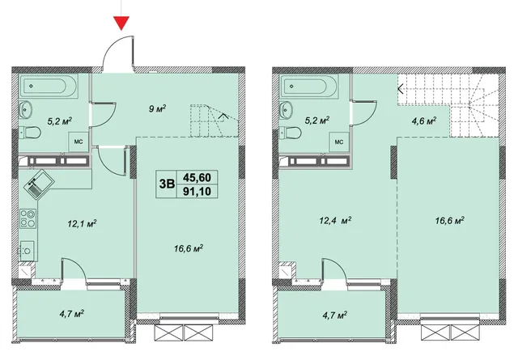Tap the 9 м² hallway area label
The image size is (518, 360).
click(x=157, y=108)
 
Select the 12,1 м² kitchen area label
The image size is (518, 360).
click(x=82, y=223)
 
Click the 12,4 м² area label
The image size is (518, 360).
click(x=335, y=220)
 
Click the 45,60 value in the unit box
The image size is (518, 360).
click(x=197, y=177)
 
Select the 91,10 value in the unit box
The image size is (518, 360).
click(x=197, y=191)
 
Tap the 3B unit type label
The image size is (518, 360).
click(x=167, y=184)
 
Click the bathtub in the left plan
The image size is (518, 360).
click(x=49, y=86)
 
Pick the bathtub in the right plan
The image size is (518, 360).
click(x=309, y=86)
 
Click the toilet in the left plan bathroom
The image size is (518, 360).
click(x=30, y=133)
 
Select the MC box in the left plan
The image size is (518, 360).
click(x=79, y=142)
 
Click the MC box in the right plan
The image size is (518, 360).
click(x=339, y=142)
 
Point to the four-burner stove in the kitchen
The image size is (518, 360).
click(x=28, y=218)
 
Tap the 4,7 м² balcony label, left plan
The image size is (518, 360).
click(x=72, y=313)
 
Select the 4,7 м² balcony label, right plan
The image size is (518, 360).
click(x=334, y=316)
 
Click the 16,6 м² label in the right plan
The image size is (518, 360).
click(x=450, y=220)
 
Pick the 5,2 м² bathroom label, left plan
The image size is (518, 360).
click(x=60, y=121)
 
